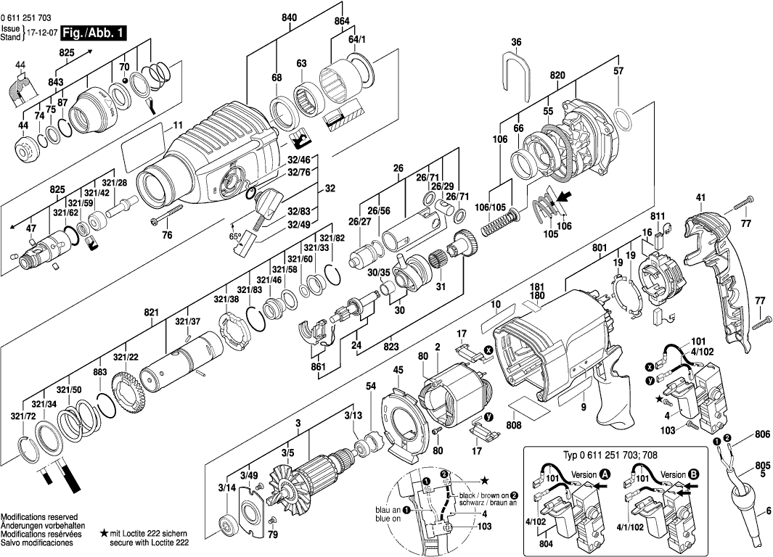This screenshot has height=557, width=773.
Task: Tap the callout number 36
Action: pos(516,43)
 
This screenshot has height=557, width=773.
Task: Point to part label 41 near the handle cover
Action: pos(700,197)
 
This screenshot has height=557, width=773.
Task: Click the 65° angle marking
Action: pos(236,236)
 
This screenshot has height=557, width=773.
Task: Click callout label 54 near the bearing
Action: pos(371,388)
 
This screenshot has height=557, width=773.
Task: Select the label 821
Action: pos(151,312)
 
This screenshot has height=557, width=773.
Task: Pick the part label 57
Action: pos(618,71)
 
